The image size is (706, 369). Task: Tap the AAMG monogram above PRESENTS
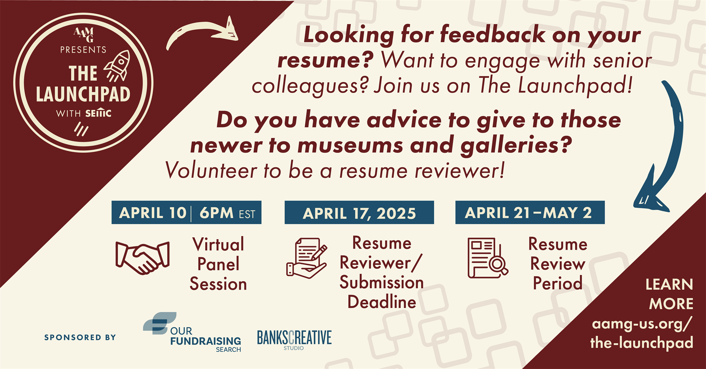coord(83,35)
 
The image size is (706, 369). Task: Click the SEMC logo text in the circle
coord(98,113)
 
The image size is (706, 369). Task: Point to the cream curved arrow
coord(202,32)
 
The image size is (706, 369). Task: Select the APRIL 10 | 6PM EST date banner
coord(186,213)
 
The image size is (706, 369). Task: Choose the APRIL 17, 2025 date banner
coord(359,213)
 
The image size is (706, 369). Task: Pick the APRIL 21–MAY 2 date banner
coord(530,213)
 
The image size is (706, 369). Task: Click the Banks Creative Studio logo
coord(294,340)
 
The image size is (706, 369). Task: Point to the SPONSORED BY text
coord(80,337)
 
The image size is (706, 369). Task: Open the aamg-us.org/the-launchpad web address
coord(642,333)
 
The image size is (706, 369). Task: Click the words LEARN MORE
coord(669,294)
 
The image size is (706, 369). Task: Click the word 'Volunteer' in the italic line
coord(211,171)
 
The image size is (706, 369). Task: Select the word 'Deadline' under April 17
coord(382,302)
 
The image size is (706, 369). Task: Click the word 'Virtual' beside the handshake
coord(218,245)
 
